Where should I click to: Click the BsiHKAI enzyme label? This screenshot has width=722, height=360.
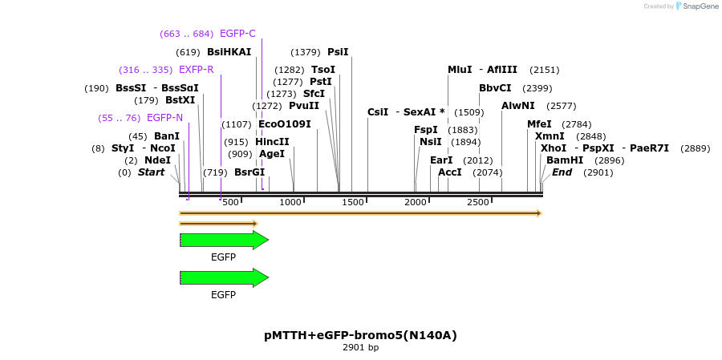click(x=229, y=52)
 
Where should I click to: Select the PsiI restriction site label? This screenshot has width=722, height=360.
click(x=338, y=52)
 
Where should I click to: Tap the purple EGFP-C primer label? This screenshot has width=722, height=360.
click(x=237, y=34)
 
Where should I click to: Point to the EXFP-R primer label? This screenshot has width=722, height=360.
click(x=196, y=70)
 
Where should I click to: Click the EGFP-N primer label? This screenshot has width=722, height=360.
click(x=164, y=118)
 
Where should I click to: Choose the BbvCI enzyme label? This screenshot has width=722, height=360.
click(x=495, y=88)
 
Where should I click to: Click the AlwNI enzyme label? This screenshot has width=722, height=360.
click(x=517, y=106)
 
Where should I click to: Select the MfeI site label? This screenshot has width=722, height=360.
click(x=539, y=124)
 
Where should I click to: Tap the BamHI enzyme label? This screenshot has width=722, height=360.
click(x=565, y=160)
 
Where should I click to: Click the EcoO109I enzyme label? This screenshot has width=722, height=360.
click(x=284, y=124)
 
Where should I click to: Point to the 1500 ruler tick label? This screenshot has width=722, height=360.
click(x=354, y=202)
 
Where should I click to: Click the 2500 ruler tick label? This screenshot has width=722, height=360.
click(x=478, y=202)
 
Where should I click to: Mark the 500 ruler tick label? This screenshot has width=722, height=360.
click(x=230, y=202)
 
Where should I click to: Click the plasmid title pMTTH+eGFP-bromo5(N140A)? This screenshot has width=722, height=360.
click(x=360, y=335)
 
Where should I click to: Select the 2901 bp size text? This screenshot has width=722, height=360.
click(x=360, y=348)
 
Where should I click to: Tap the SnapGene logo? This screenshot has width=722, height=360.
click(x=696, y=6)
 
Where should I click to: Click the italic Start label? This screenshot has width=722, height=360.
click(x=151, y=172)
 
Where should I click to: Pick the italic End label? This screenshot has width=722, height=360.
click(x=562, y=172)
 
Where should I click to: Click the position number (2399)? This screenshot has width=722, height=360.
click(x=537, y=88)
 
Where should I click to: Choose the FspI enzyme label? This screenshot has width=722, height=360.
click(x=426, y=130)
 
